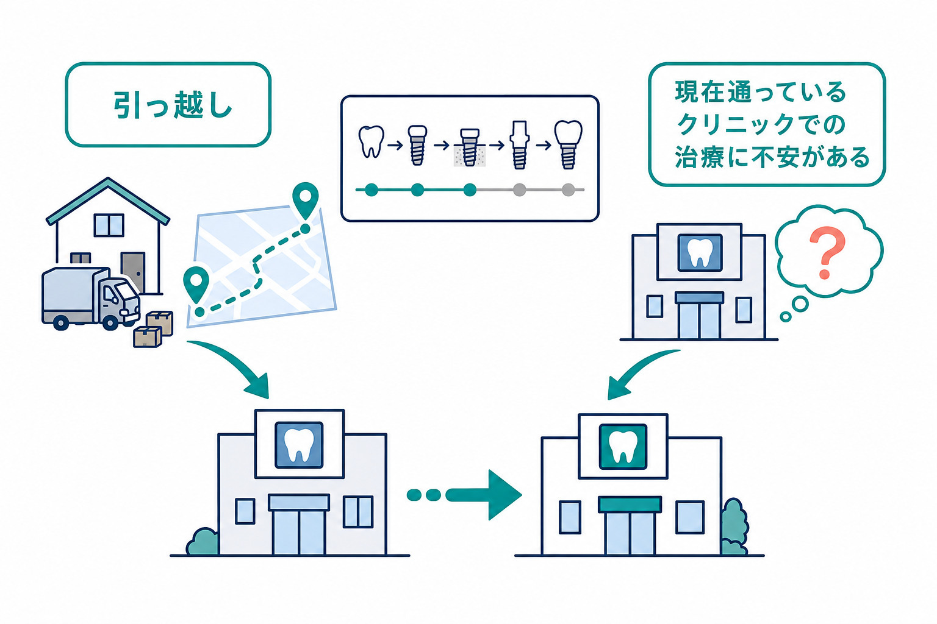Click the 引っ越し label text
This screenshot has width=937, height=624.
point(173,105)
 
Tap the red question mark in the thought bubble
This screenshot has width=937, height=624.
point(827,252)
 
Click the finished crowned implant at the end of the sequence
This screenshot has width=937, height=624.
point(568,144)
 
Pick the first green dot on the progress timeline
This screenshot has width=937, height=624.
point(371,190)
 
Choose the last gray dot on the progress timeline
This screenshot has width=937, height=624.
point(568,190)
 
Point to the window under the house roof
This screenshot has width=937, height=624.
point(109,225)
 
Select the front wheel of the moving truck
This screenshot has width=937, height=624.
point(110,322)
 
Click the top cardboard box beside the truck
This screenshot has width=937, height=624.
point(159,322)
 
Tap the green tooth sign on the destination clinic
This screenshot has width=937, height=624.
point(623,447)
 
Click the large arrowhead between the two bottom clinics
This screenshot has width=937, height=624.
point(503,495)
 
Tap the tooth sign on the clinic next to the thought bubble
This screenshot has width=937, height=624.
point(700,252)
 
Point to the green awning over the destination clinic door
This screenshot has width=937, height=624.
point(630,505)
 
